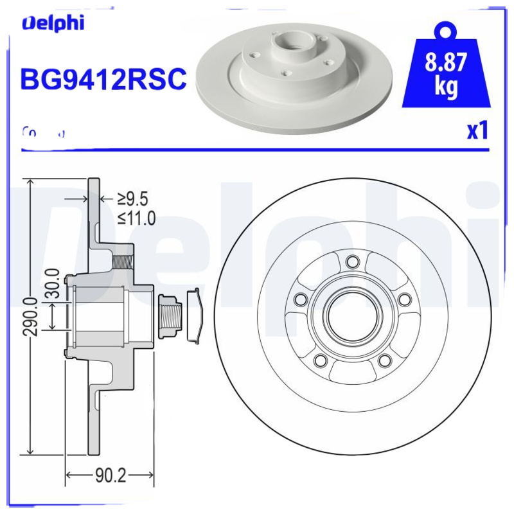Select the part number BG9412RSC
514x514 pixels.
(x=103, y=80)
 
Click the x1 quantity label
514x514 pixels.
(x=477, y=130)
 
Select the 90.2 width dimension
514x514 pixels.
(x=110, y=476)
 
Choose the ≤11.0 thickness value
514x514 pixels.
(x=136, y=218)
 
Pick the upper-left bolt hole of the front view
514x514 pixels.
(x=299, y=299)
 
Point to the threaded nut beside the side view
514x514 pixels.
(x=170, y=315)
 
